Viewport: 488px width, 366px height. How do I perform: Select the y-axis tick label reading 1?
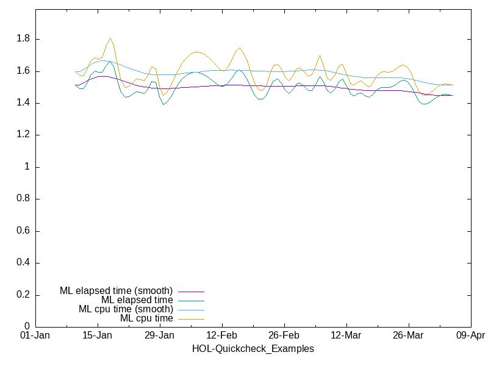pos(27,167)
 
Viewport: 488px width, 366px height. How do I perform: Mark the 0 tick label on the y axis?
pos(27,327)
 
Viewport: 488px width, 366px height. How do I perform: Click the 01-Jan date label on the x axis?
pos(35,336)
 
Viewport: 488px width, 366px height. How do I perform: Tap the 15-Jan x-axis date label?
pos(98,336)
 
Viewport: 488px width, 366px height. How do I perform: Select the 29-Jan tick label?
pos(160,336)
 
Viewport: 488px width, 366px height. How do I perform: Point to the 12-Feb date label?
pos(222,336)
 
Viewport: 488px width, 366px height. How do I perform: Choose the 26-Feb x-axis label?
pos(284,336)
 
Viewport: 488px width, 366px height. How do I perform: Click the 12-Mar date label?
pos(346,336)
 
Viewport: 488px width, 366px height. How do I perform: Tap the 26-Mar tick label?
pos(408,336)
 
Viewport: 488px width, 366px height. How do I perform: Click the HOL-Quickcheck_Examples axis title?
pos(253,349)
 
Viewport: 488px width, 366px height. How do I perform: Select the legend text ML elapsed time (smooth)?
pos(116,290)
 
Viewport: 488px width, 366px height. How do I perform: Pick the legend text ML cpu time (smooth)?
pos(126,309)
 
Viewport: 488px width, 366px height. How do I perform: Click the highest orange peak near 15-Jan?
pos(110,38)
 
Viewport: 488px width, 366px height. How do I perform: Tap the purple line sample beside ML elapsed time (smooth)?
pos(191,292)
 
